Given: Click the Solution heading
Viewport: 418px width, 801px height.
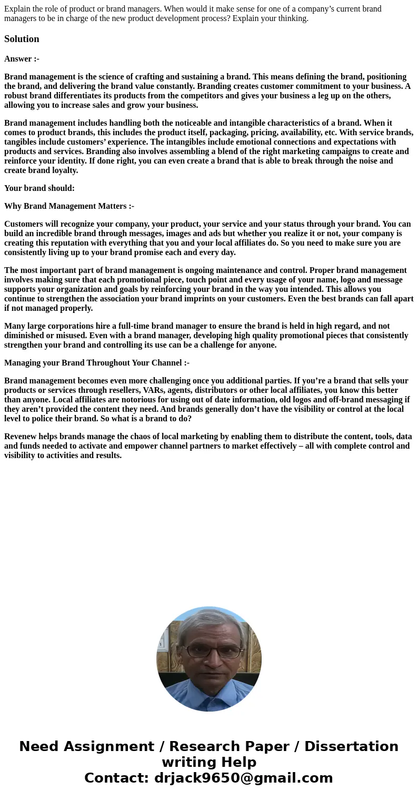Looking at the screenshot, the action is (22, 39).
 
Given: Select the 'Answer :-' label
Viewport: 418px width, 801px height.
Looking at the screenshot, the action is (22, 59).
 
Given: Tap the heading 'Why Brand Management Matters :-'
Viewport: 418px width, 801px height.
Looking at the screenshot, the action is (69, 206).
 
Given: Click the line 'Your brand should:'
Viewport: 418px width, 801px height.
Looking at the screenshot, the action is (39, 188).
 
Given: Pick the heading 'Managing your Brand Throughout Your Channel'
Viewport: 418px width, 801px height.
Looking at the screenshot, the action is (96, 363).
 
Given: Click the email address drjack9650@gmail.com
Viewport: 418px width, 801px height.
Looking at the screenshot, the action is (243, 778).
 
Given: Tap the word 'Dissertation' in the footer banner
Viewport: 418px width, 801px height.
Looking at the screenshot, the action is (351, 746).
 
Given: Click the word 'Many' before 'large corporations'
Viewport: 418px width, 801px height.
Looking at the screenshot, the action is (14, 326).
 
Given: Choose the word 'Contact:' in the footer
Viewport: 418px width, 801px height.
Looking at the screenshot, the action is (116, 778).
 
